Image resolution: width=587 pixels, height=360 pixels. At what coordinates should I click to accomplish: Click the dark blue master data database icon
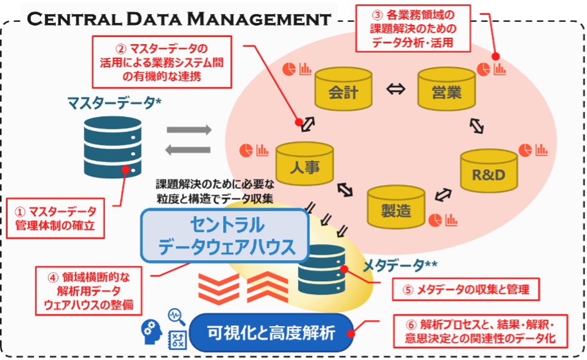tap(113, 145)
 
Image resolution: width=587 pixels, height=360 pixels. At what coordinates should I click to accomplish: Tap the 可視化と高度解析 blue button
tap(272, 332)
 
